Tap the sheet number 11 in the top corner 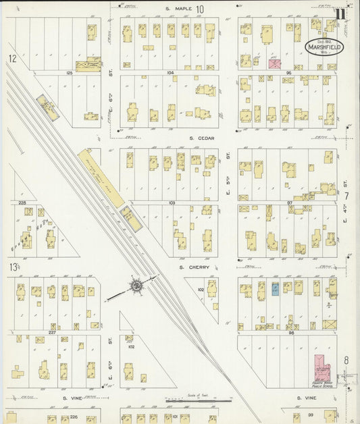coord(342,11)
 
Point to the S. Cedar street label coord(201,138)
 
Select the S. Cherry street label coord(195,267)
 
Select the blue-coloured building coord(275,289)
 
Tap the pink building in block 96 coord(275,64)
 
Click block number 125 coord(68,71)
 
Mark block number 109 coord(172,202)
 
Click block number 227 coord(51,332)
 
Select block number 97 coord(289,202)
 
